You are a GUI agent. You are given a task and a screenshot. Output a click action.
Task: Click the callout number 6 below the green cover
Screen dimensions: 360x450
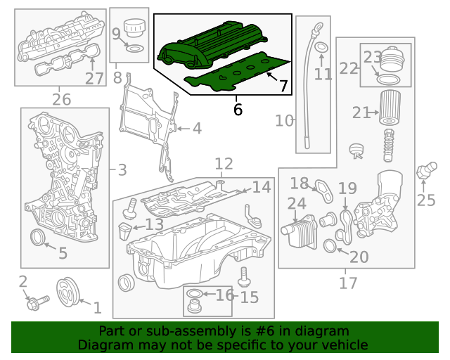pos(237,110)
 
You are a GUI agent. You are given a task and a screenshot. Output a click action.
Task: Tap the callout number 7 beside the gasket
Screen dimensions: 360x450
pos(283,86)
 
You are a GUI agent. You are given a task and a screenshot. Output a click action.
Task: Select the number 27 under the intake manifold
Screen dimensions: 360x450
pos(94,78)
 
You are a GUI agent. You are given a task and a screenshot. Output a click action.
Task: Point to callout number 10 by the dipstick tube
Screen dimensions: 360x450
pos(284,121)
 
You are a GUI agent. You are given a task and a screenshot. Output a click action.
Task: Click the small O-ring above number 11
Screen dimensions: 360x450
pos(321,48)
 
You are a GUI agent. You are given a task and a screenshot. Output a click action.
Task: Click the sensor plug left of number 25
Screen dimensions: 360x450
pos(424,171)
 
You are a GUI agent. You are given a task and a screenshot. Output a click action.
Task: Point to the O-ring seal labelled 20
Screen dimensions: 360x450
pos(330,245)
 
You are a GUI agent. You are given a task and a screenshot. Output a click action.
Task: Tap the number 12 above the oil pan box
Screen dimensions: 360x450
pos(224,165)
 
